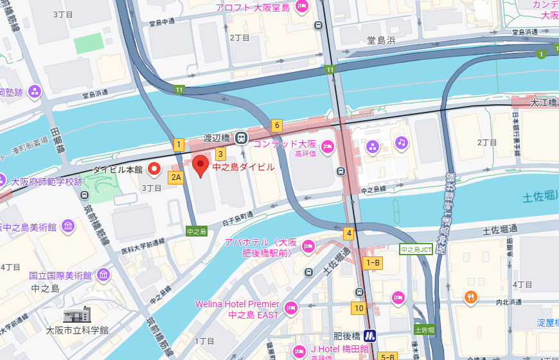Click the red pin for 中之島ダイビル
pyautogui.click(x=201, y=166)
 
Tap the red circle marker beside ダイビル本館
pyautogui.click(x=154, y=169)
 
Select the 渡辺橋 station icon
pyautogui.click(x=241, y=137)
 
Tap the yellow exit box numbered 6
pyautogui.click(x=276, y=125)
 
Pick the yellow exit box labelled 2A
pyautogui.click(x=176, y=177)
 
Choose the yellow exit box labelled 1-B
pyautogui.click(x=373, y=262)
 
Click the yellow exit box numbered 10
pyautogui.click(x=359, y=308)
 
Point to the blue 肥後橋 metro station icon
pyautogui.click(x=369, y=336)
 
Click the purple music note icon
pyautogui.click(x=402, y=142)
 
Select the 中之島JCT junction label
pyautogui.click(x=416, y=249)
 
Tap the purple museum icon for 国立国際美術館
pyautogui.click(x=103, y=275)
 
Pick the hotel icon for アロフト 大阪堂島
pyautogui.click(x=301, y=7)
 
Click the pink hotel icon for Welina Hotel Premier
pyautogui.click(x=290, y=307)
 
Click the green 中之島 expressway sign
pyautogui.click(x=195, y=231)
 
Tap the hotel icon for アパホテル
pyautogui.click(x=308, y=246)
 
